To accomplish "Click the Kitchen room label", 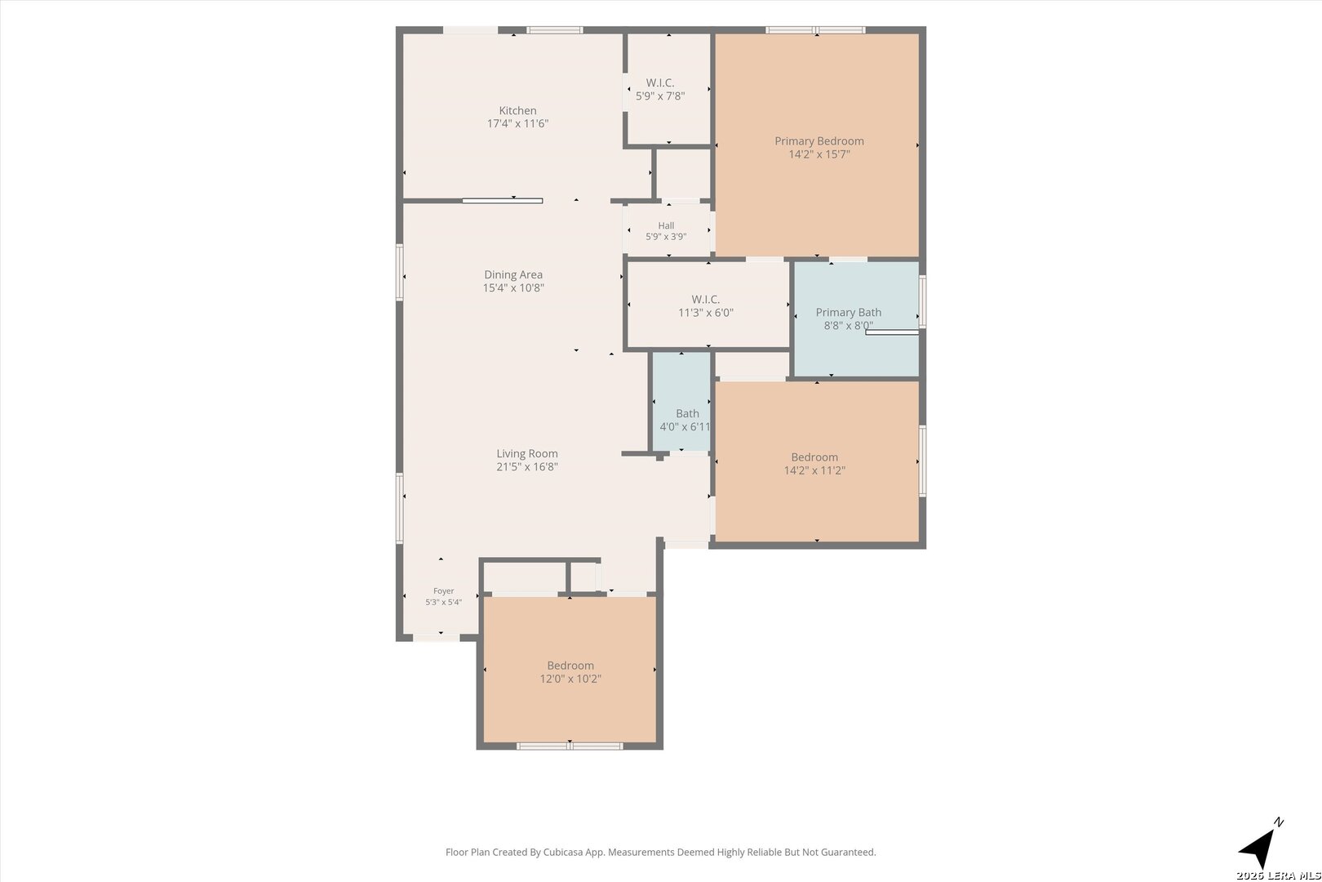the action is (517, 110).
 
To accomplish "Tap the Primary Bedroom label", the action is (819, 141).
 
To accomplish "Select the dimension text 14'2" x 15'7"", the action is (819, 155).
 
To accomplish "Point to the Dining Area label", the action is (513, 274).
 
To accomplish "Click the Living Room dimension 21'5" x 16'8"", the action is (527, 466).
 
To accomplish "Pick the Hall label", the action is (666, 225).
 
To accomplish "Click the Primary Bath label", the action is (849, 313).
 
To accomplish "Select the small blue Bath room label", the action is (688, 413).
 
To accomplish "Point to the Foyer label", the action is (444, 590).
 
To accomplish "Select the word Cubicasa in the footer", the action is (565, 853).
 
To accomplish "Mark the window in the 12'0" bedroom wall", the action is (570, 746).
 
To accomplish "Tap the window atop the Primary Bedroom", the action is (815, 30).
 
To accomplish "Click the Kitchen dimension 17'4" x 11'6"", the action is (517, 124).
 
